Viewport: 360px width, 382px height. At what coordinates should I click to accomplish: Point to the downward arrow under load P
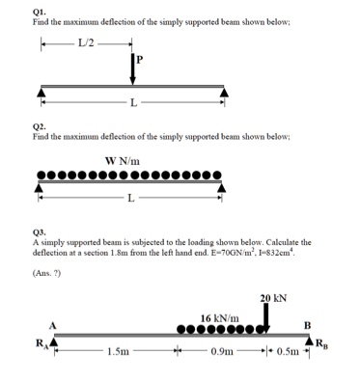(132, 68)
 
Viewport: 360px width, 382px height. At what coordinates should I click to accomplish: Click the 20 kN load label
(273, 297)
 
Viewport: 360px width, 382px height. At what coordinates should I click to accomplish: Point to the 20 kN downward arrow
(266, 316)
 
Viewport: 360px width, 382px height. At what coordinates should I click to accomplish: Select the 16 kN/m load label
(220, 315)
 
